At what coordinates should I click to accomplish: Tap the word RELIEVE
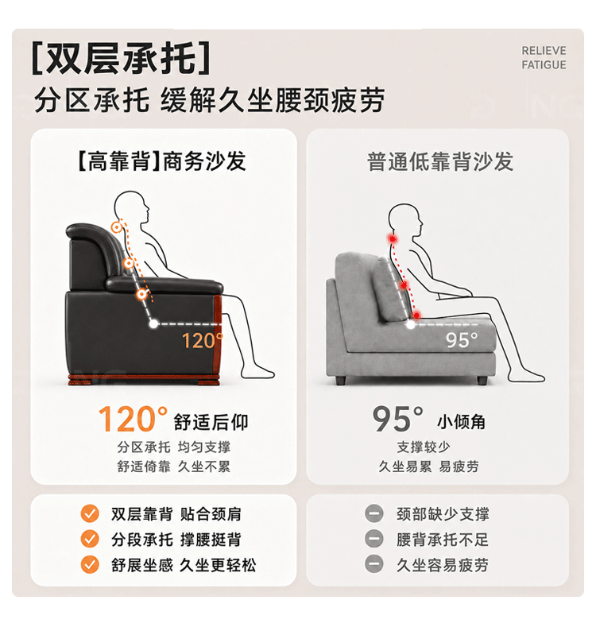click(544, 51)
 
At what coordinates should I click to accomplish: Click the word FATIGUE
click(544, 65)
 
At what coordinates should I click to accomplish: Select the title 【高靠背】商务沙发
click(161, 161)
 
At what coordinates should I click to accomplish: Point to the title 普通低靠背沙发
click(440, 161)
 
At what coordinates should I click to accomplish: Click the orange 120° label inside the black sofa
click(202, 340)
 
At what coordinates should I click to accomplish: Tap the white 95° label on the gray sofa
click(461, 340)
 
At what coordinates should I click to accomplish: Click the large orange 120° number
click(133, 419)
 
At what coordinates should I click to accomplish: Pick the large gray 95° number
click(397, 419)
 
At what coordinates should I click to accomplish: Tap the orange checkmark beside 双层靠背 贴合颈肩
click(90, 514)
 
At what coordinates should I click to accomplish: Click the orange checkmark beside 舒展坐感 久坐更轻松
click(90, 564)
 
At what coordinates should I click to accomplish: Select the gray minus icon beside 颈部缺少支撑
click(373, 514)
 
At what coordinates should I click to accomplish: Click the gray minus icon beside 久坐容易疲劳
click(373, 564)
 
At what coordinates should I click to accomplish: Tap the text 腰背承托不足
click(443, 540)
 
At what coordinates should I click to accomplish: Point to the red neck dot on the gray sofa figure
click(393, 239)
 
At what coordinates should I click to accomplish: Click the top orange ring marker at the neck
click(117, 228)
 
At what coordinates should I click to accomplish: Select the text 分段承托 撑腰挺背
click(176, 540)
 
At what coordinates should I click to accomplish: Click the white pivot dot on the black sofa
click(153, 323)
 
